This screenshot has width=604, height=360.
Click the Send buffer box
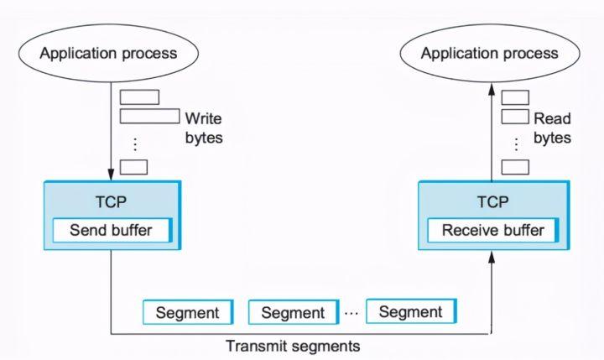coord(112,230)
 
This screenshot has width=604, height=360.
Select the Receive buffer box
coord(493,230)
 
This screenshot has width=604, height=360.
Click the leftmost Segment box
coord(188,312)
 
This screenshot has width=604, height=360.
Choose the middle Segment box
coord(294,312)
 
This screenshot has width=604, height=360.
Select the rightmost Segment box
coord(411,311)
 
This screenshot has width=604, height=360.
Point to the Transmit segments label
coord(293,346)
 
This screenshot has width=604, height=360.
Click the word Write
coord(203,118)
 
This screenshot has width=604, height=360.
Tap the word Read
coord(552,118)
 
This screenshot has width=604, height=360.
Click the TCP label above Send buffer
coord(111,201)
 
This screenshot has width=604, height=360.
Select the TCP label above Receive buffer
coord(493,201)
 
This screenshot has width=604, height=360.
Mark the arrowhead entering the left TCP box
coord(111,175)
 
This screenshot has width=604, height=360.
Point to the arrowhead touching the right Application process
coord(492,90)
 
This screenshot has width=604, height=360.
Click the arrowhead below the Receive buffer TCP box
coord(492,257)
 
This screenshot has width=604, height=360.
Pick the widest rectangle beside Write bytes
coord(149,116)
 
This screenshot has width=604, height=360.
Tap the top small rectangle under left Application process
coord(139,97)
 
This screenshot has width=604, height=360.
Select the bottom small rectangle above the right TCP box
coord(515,167)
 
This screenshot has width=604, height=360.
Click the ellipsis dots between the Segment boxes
coord(351,313)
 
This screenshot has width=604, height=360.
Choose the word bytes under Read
coord(552,138)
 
